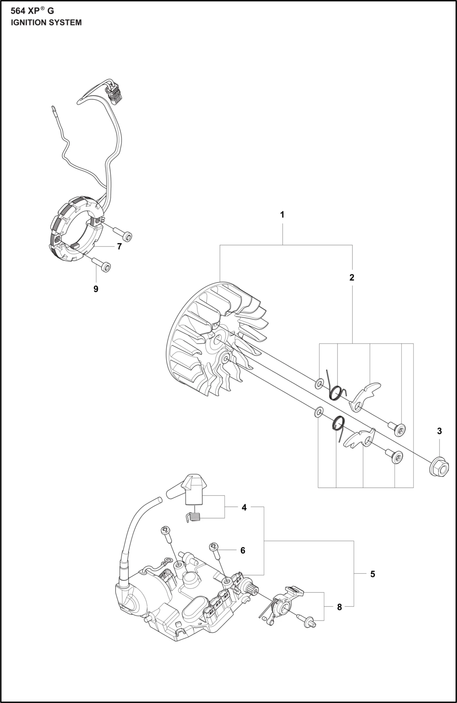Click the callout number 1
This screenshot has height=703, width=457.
[x=282, y=215]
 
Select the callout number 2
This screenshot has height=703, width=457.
[x=352, y=278]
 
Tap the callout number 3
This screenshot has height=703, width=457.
[x=439, y=431]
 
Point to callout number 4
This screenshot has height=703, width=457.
[x=244, y=507]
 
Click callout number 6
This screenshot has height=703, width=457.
[x=243, y=551]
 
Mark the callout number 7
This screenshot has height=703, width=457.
[x=119, y=247]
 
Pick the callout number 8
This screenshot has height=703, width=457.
[x=339, y=607]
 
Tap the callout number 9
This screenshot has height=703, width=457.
[x=96, y=289]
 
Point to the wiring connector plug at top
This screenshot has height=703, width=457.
[x=115, y=93]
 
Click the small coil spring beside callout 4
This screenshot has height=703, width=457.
[x=193, y=517]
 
